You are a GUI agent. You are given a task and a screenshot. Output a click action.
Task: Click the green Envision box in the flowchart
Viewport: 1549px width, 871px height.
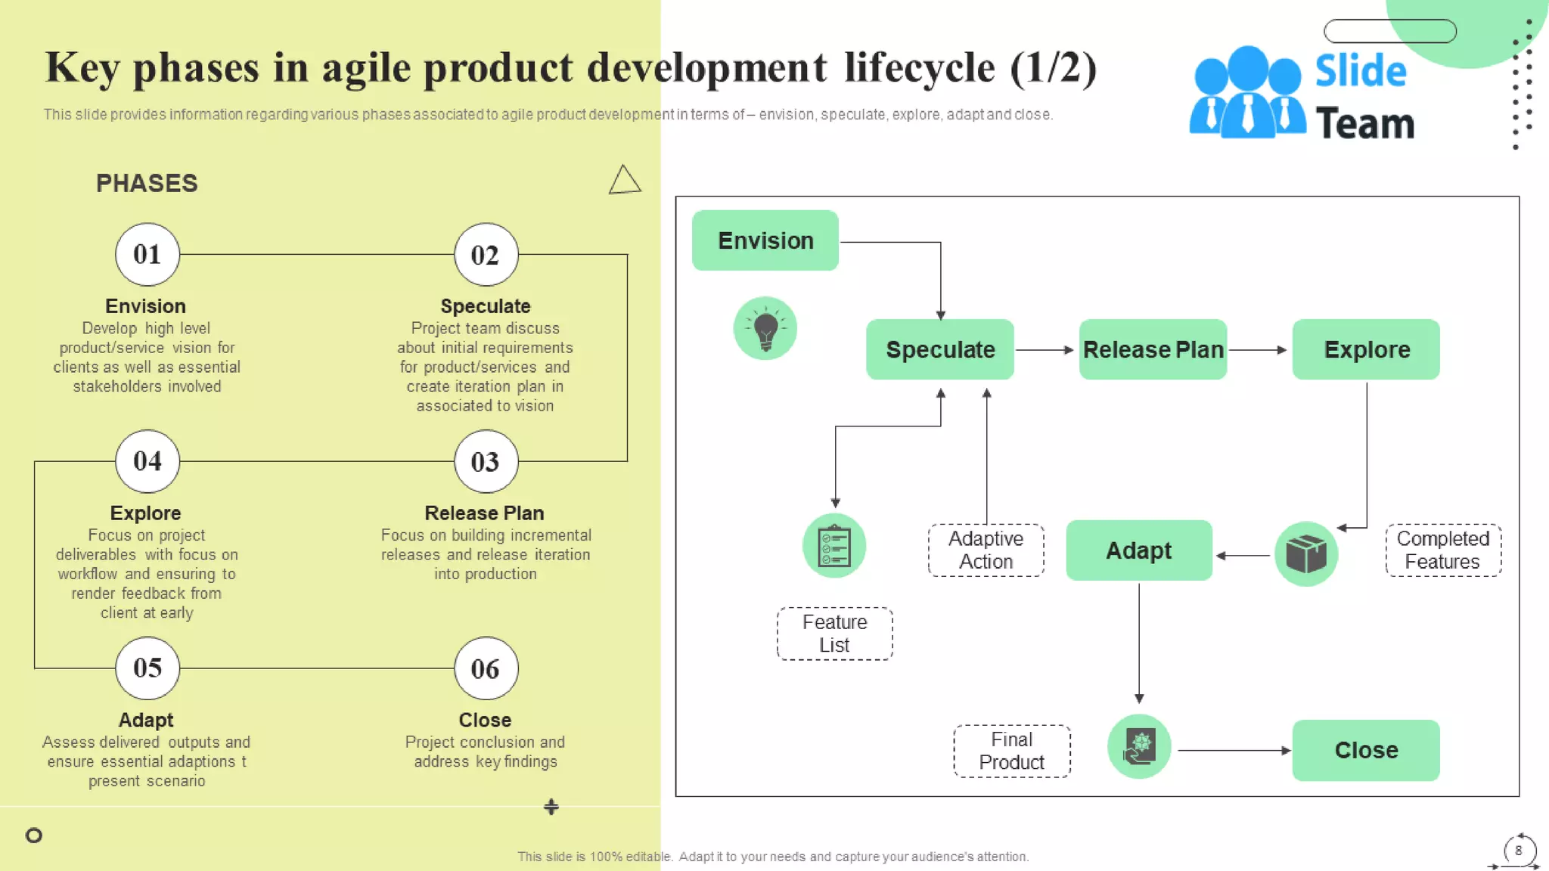765,240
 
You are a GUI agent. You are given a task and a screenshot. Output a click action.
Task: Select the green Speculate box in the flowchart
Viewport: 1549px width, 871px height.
939,349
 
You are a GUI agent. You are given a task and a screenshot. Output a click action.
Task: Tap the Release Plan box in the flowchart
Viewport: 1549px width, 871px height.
1153,349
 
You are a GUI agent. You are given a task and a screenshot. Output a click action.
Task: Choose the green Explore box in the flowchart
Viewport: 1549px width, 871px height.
1366,349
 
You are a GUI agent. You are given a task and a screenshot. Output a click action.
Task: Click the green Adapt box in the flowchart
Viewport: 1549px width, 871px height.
1138,550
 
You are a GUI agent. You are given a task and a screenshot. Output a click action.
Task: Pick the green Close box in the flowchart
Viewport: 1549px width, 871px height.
1366,750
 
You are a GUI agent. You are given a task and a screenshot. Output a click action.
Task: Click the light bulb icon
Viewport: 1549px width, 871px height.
765,328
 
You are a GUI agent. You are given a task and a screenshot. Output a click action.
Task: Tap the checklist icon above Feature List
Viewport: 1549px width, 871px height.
834,546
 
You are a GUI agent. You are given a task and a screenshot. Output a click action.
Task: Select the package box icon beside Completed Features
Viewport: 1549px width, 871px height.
1305,554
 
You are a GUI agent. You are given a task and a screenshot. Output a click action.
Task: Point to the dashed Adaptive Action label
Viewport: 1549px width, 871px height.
986,550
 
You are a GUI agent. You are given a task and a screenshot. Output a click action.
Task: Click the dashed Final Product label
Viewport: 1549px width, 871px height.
1011,751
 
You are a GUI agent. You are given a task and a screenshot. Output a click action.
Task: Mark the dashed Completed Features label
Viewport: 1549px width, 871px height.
1442,550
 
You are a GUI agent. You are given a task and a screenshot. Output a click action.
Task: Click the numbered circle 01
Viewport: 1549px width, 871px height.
147,255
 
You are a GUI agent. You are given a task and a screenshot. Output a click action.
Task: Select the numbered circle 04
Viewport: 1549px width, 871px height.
147,461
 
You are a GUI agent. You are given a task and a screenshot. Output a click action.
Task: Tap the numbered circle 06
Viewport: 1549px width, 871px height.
486,668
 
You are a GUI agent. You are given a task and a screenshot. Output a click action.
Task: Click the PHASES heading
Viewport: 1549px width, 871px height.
147,184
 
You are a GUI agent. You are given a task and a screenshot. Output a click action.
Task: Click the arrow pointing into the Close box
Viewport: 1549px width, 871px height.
1234,751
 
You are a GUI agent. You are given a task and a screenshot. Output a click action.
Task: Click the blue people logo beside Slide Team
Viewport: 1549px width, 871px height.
1246,95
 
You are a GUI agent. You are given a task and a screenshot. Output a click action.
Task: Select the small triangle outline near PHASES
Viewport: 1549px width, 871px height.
624,181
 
